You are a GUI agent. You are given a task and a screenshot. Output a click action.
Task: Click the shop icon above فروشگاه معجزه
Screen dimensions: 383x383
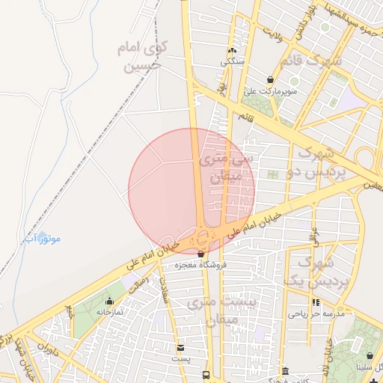click(200, 254)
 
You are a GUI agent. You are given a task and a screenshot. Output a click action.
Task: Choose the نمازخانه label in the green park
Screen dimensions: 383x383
click(108, 311)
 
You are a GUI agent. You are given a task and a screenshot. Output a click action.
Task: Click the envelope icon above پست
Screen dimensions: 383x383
click(180, 348)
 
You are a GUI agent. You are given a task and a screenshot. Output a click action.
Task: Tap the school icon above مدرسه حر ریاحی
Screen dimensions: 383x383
click(316, 303)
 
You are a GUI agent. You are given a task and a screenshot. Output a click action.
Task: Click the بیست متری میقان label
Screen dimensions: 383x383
click(230, 310)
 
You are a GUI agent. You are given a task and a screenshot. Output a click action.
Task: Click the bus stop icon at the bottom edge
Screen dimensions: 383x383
click(206, 378)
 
